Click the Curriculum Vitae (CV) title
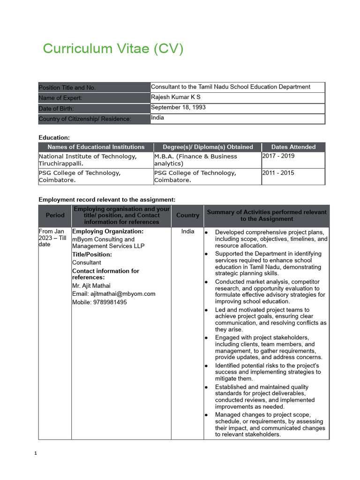[113, 49]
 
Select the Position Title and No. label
[67, 88]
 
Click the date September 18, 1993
[178, 107]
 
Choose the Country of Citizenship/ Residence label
[85, 119]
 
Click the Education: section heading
[54, 137]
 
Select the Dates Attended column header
[293, 147]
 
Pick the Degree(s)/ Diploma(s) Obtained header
[208, 147]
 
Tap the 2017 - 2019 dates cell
[278, 156]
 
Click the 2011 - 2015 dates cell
[278, 173]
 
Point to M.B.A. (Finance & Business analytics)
[195, 160]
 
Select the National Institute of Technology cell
[88, 160]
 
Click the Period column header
[55, 215]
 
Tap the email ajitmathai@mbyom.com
[113, 294]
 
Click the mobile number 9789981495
[99, 302]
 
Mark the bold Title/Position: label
[92, 255]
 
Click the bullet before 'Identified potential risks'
[207, 366]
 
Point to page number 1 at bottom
[36, 454]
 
